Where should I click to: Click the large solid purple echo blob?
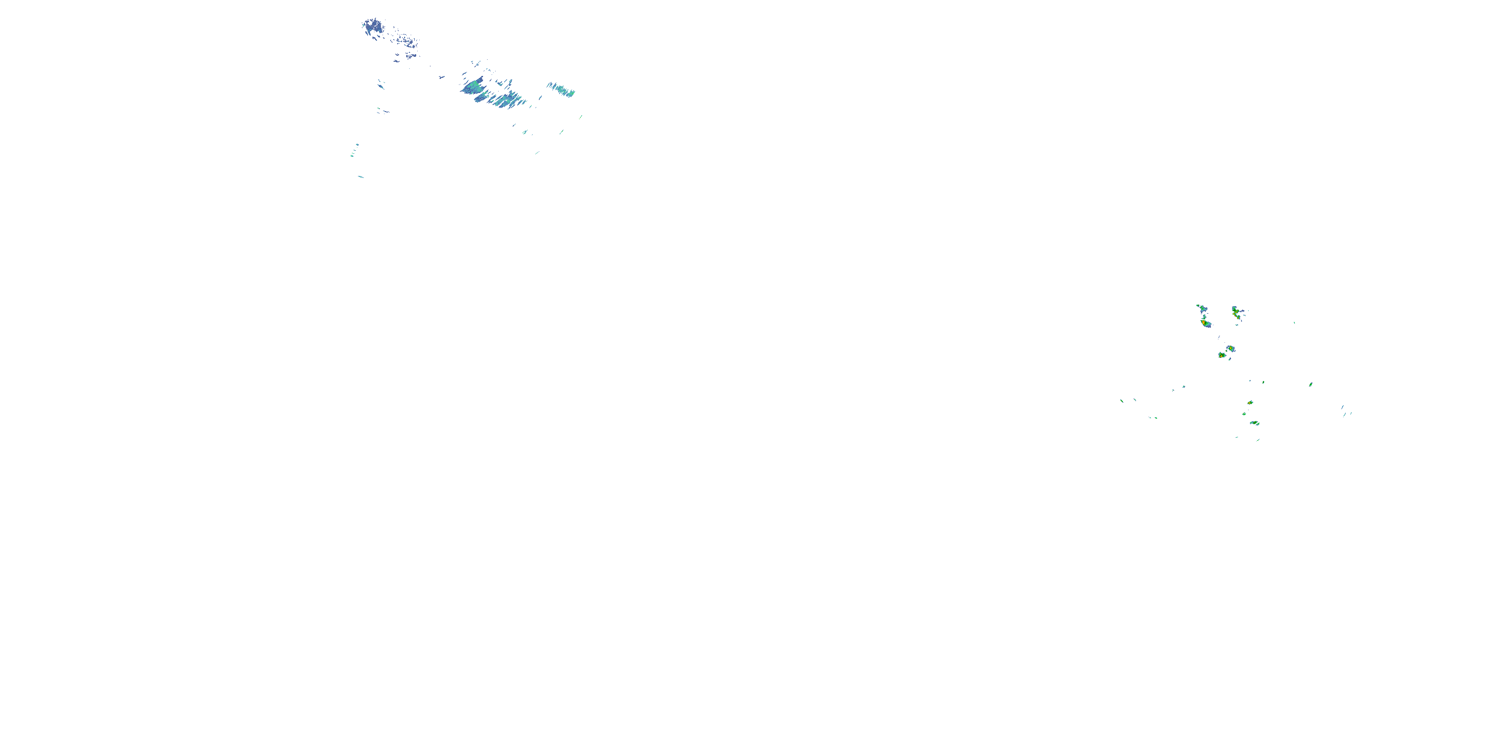(372, 26)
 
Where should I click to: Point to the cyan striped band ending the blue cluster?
(561, 89)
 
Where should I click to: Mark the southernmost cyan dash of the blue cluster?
(360, 176)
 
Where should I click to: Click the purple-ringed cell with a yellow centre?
(1231, 349)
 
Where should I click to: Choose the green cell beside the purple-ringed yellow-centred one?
(1222, 355)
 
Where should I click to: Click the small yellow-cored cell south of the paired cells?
(1250, 403)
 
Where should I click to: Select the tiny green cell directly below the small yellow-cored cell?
(1244, 414)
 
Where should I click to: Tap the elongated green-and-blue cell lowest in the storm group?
(1254, 423)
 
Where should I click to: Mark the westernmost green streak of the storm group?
(1121, 401)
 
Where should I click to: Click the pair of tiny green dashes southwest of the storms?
(1153, 417)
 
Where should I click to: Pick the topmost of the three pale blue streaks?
(1342, 407)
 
